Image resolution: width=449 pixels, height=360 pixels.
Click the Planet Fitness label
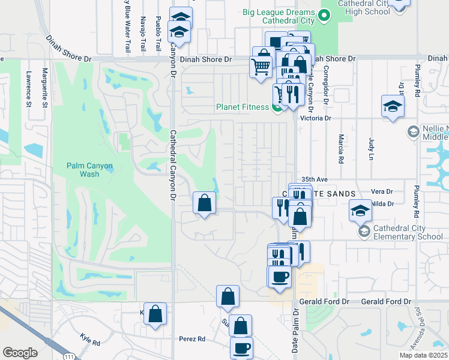243,108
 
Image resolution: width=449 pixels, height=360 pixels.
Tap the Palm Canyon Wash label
82,170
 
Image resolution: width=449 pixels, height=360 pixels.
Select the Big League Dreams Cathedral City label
279,16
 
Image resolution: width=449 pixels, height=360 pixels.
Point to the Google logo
20,353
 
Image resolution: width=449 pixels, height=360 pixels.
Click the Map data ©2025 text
423,355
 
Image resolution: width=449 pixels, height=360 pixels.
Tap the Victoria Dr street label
319,119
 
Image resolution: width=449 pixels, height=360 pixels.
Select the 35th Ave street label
315,179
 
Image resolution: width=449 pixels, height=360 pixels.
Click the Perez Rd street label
192,339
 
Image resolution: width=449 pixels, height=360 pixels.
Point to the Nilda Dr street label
382,204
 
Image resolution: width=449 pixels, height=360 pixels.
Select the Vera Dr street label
382,191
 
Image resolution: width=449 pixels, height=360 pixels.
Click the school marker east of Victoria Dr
393,107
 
